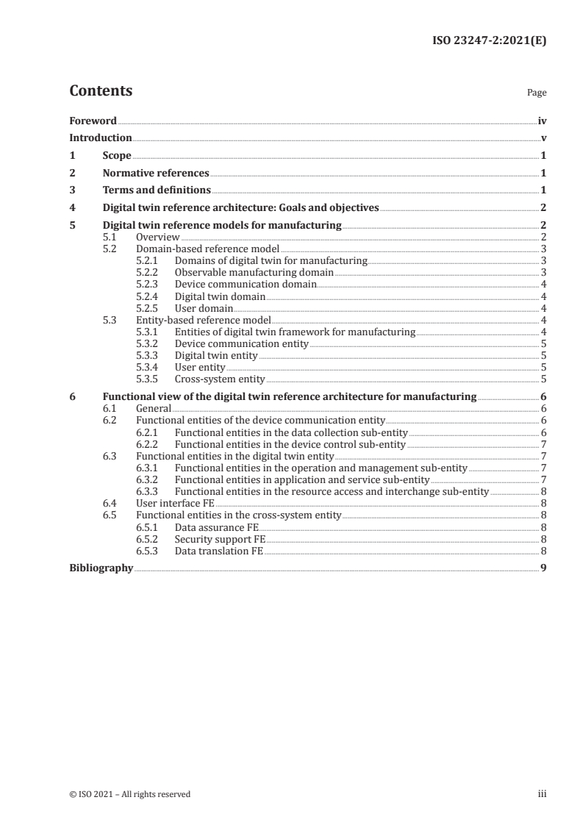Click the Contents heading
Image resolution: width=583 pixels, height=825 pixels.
tap(101, 91)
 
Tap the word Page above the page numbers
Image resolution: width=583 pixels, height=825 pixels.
tap(537, 93)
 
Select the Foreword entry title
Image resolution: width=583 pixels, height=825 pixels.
tap(93, 121)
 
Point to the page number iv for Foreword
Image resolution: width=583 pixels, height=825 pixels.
tap(542, 121)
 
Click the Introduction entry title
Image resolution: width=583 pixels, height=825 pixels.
tap(101, 137)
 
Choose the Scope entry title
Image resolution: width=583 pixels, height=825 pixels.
tap(117, 155)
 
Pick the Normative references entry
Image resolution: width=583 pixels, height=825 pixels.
tap(156, 173)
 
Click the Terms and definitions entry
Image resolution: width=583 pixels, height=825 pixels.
tap(157, 190)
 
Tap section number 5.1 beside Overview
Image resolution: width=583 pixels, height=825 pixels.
tap(110, 238)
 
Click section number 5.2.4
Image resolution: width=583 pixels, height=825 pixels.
tap(149, 296)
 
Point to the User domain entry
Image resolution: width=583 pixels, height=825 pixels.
tap(204, 308)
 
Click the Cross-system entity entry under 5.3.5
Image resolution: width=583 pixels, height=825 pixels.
tap(219, 379)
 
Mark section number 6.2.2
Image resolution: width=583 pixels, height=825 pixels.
tap(149, 444)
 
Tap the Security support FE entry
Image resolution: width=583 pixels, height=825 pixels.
tap(220, 538)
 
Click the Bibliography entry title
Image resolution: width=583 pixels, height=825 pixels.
tap(101, 568)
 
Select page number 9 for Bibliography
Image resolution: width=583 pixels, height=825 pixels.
tap(543, 568)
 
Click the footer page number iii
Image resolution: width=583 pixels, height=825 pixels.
tap(543, 794)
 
